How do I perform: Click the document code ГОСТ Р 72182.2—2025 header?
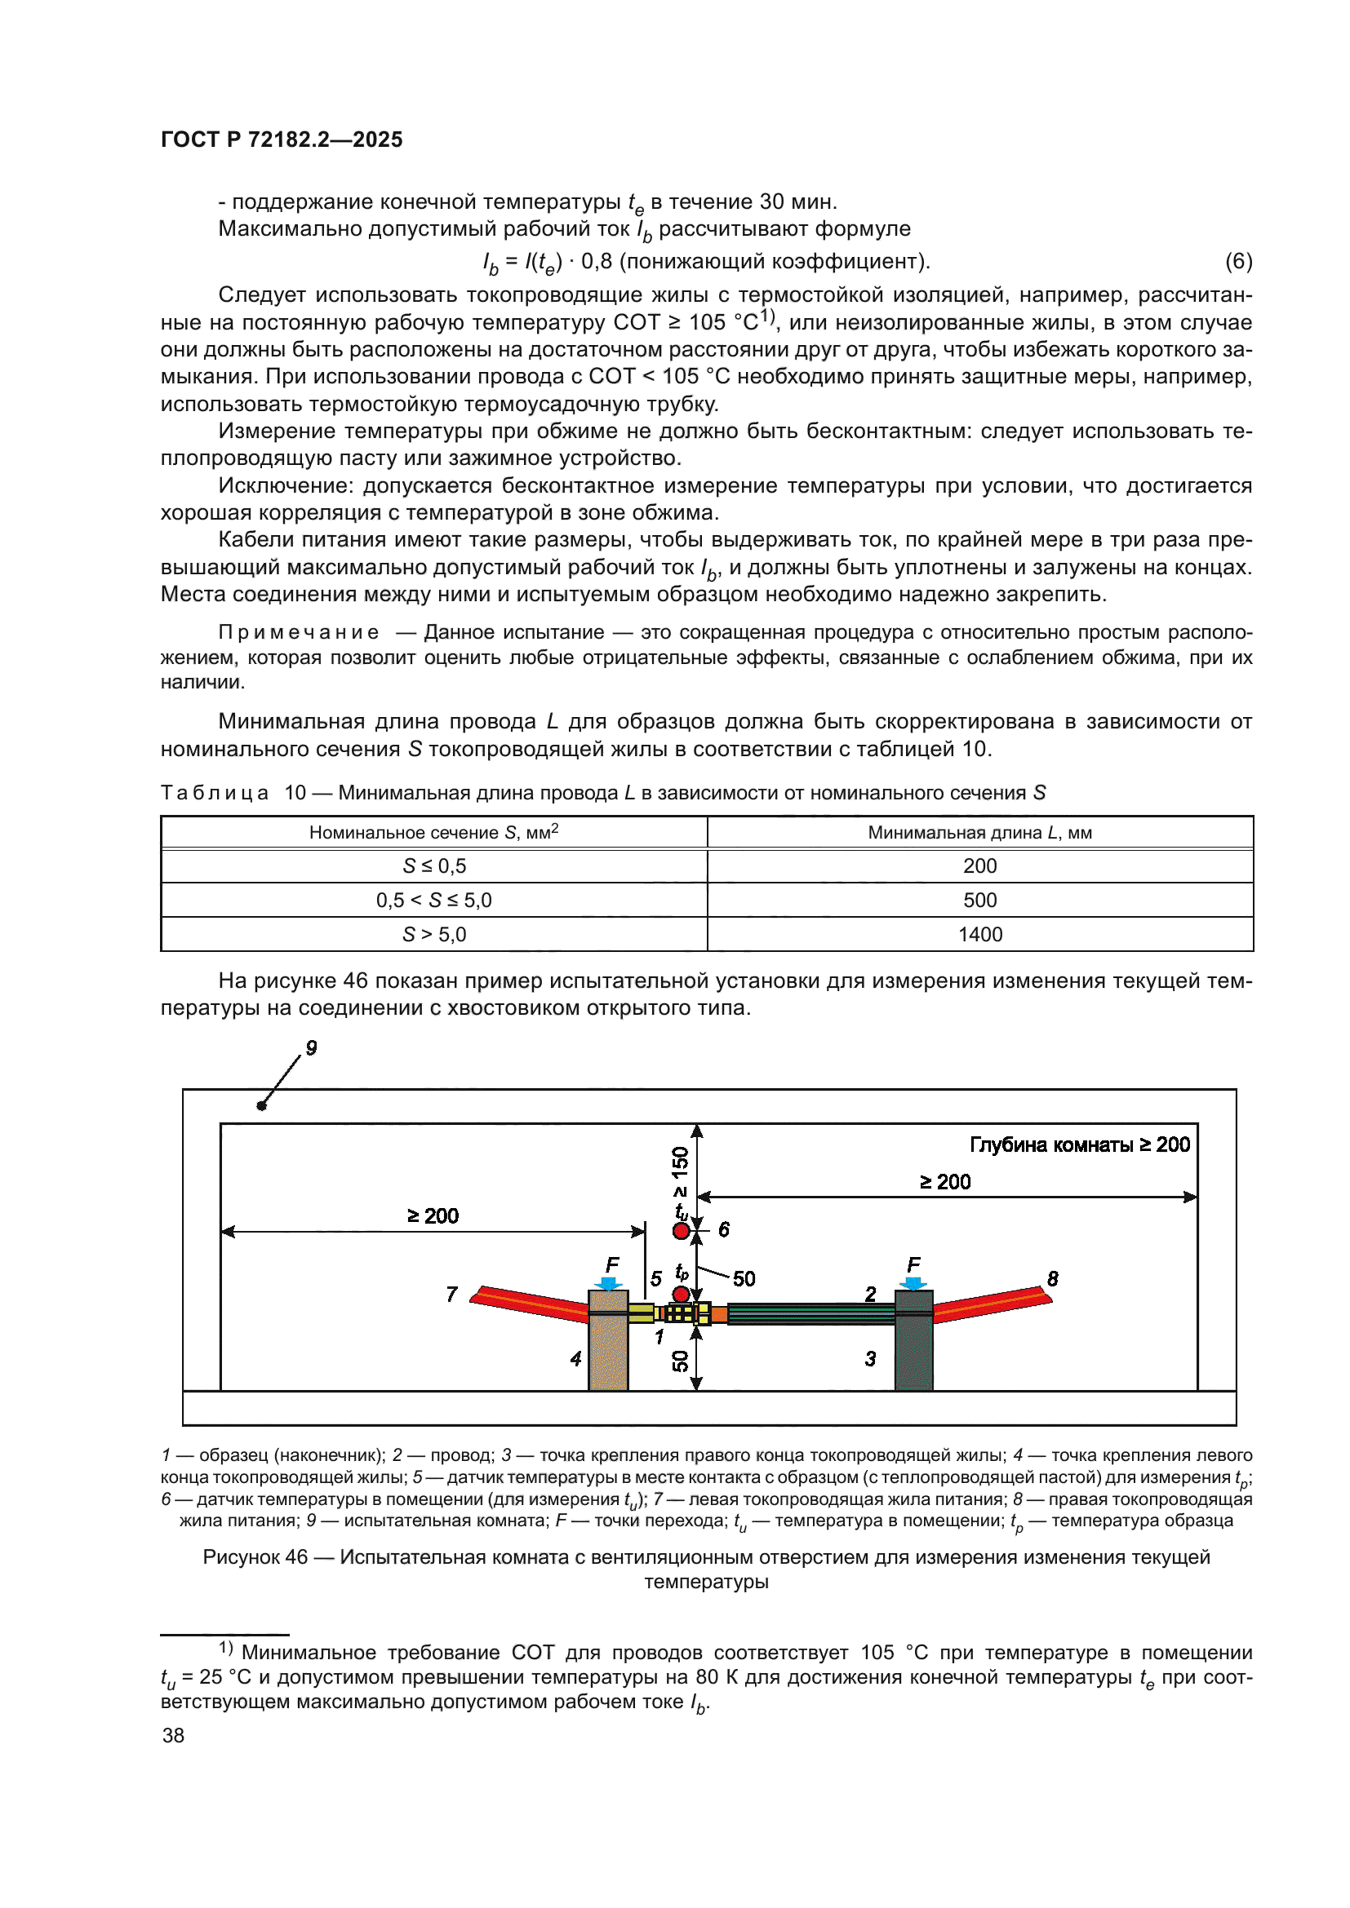(281, 139)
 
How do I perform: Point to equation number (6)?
(1238, 262)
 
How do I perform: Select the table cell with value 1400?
(979, 934)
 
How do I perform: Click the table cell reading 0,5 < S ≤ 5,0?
(433, 900)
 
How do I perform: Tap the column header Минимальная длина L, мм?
(979, 832)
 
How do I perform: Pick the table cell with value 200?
(979, 866)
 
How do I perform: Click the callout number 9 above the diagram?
(311, 1047)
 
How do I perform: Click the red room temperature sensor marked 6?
(681, 1231)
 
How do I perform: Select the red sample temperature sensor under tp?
(681, 1294)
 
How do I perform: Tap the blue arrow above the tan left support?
(611, 1284)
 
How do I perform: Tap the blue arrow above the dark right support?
(913, 1284)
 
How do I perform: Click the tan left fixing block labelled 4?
(608, 1350)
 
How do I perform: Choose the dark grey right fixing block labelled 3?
(913, 1350)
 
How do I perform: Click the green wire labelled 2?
(810, 1313)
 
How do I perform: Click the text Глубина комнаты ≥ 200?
(1079, 1144)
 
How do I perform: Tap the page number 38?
(173, 1735)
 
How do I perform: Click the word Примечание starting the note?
(299, 632)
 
